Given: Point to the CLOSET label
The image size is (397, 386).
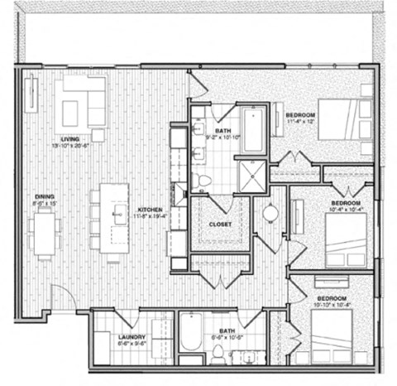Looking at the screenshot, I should (219, 224).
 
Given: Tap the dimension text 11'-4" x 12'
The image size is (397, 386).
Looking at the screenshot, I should (299, 123).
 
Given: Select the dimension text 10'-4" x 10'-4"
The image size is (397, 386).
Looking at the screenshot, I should (345, 210).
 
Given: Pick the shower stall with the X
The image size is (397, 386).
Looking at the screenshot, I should (249, 174).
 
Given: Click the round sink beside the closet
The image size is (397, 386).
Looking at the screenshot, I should (270, 213).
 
